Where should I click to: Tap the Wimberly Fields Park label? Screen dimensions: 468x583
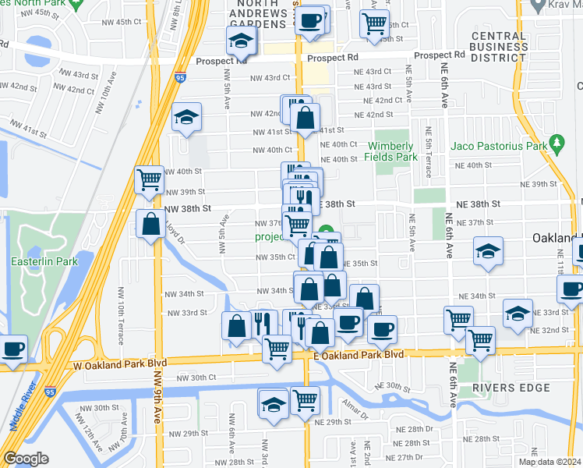pos(393,151)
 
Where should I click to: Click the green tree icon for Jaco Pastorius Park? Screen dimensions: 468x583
pos(556,144)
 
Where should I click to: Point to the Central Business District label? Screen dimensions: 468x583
pos(499,47)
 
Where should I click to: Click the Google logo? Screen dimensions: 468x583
pos(26,459)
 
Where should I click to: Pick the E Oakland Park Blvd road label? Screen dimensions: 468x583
pos(359,354)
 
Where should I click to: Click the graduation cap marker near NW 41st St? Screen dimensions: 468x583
pos(187,117)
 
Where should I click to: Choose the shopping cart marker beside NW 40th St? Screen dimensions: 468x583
pos(149,179)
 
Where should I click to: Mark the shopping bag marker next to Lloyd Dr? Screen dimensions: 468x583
pos(150,224)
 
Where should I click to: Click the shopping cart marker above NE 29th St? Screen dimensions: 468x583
pos(305,401)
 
